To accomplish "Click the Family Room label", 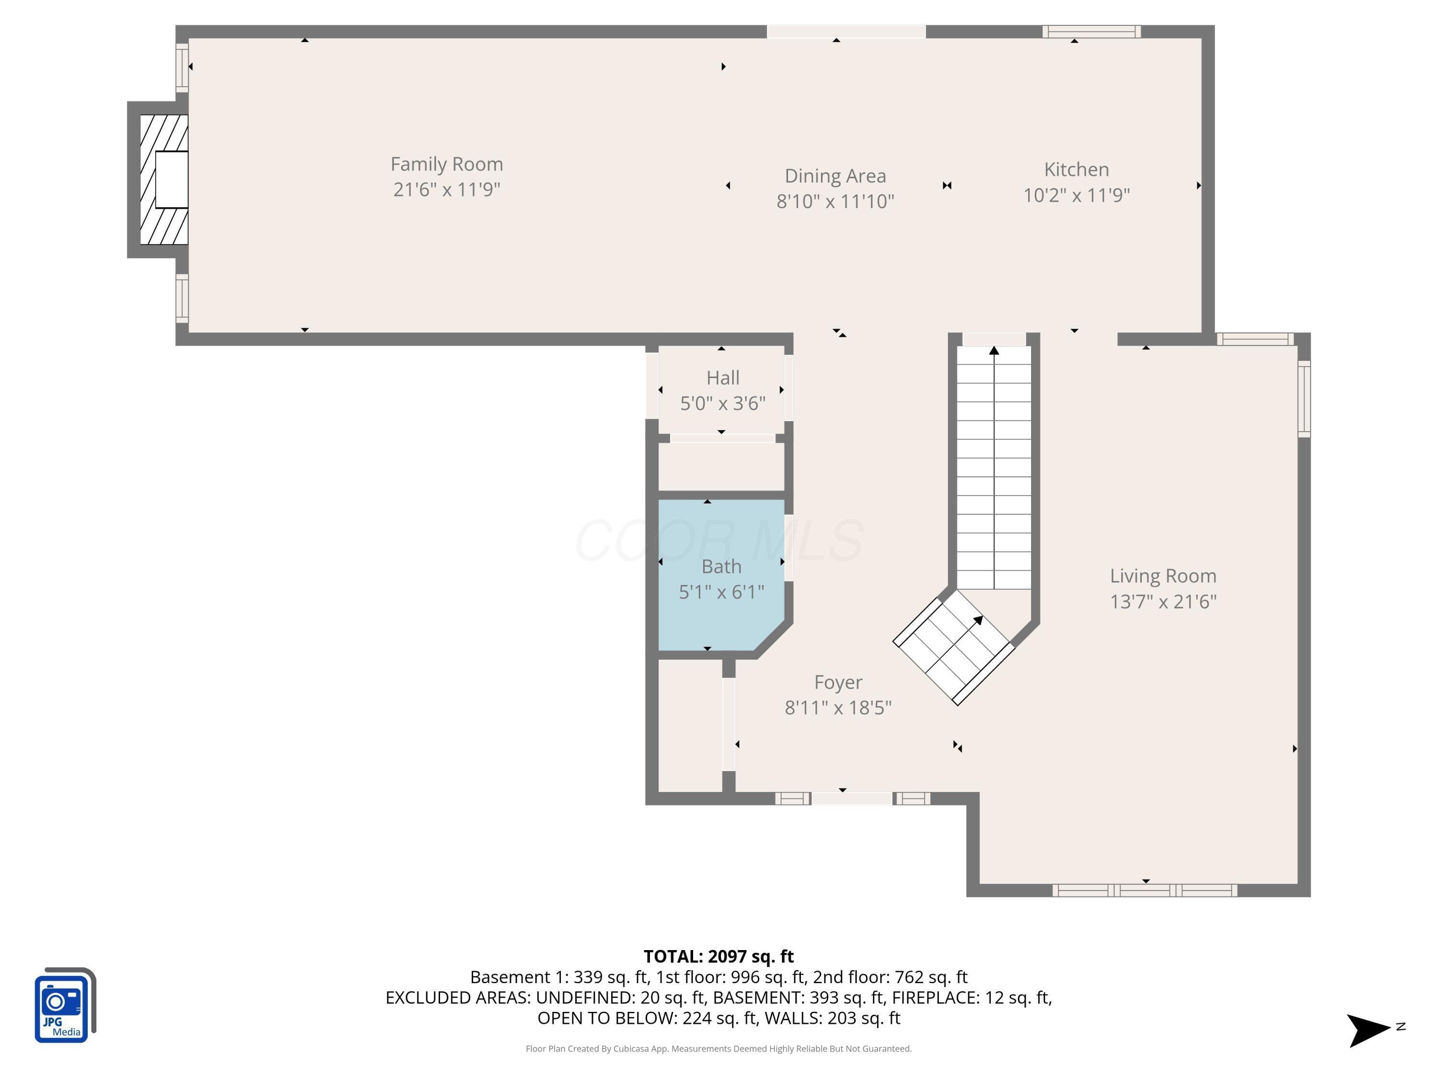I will point(447,164).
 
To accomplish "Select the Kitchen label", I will point(1076,170).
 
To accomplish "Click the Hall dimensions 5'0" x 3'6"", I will point(722,403).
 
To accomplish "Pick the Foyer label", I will point(838,682).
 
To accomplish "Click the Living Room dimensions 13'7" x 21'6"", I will point(1162,602).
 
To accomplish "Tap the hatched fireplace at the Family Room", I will point(164,179).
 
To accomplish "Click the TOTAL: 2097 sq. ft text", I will point(719,956).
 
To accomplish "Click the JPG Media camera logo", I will point(64,1006).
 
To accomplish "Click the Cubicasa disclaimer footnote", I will point(719,1049).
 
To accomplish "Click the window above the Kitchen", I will point(1091,32).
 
